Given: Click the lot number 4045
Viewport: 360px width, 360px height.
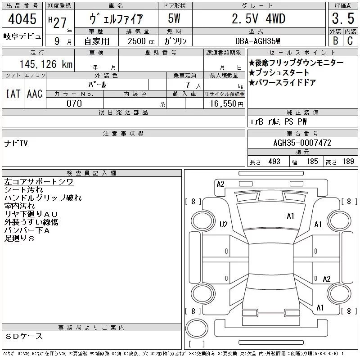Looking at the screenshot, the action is point(22,18).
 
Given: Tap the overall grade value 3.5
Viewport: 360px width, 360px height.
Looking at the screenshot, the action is point(343,18).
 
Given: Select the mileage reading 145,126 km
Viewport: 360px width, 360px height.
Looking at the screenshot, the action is point(46,64).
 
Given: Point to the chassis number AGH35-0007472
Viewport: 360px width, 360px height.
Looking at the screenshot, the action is point(302,143).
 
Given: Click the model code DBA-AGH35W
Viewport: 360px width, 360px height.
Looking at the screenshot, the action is point(257,41).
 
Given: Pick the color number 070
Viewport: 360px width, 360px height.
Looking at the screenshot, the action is point(74,103).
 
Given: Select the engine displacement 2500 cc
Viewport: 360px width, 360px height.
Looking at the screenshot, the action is point(141,41).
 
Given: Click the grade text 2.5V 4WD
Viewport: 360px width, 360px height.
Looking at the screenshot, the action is point(259,18).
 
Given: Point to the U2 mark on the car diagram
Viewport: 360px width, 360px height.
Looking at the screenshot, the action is point(223,224).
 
